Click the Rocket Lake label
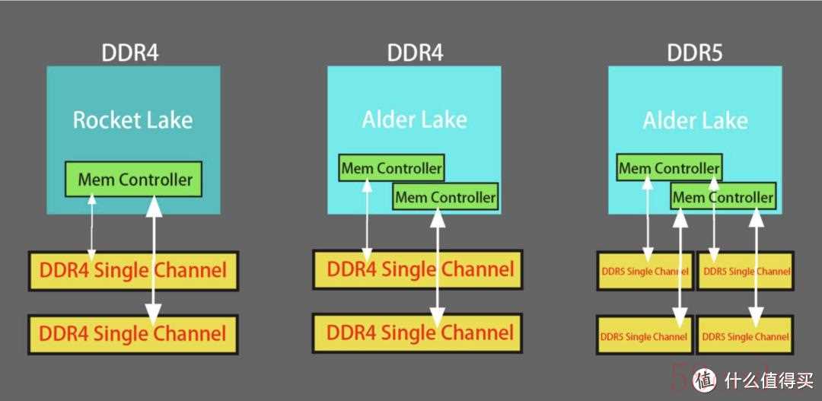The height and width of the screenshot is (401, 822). point(132,120)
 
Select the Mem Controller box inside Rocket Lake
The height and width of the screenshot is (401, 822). point(133,180)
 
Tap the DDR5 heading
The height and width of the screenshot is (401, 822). point(695,53)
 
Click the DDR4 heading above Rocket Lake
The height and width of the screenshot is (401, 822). point(131,53)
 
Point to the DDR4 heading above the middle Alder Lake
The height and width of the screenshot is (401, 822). point(415,53)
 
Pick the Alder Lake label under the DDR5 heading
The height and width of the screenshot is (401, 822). point(695,121)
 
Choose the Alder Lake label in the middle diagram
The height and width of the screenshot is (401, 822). point(414,120)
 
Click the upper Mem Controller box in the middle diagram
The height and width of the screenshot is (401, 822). point(391,167)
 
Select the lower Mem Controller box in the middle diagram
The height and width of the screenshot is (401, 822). point(445,196)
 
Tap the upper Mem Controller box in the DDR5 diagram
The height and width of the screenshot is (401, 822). point(669,167)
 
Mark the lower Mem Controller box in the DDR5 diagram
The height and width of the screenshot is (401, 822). point(723,197)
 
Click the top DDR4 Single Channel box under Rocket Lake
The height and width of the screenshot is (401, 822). point(133,270)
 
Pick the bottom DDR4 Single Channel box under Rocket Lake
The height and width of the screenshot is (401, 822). point(133,334)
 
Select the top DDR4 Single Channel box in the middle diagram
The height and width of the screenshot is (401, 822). point(418,269)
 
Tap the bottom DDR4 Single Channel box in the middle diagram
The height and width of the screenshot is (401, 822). point(418,333)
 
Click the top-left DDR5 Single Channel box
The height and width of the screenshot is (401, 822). point(645,271)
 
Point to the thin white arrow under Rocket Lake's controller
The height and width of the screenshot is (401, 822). point(92,227)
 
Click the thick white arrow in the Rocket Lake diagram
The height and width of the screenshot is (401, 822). point(154,260)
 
